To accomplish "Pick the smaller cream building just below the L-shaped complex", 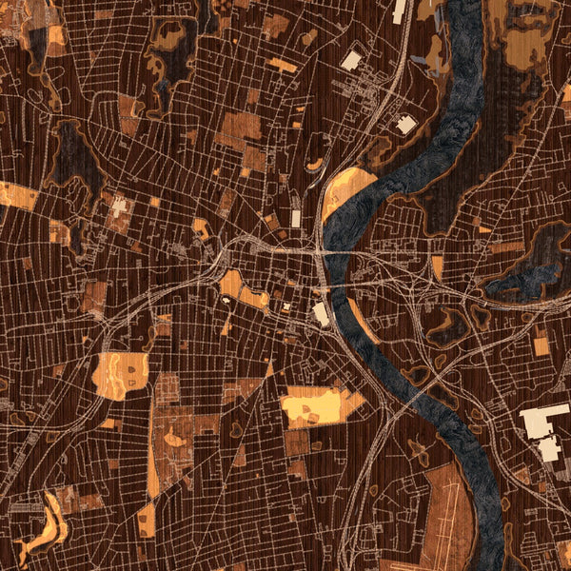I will point(550,449).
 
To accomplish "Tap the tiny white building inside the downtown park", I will point(227,301).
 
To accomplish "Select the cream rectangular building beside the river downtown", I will point(322,314).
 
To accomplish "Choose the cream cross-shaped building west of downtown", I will point(119,207).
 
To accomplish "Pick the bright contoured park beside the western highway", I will point(121,374).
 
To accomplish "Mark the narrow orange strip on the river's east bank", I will point(437,266).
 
